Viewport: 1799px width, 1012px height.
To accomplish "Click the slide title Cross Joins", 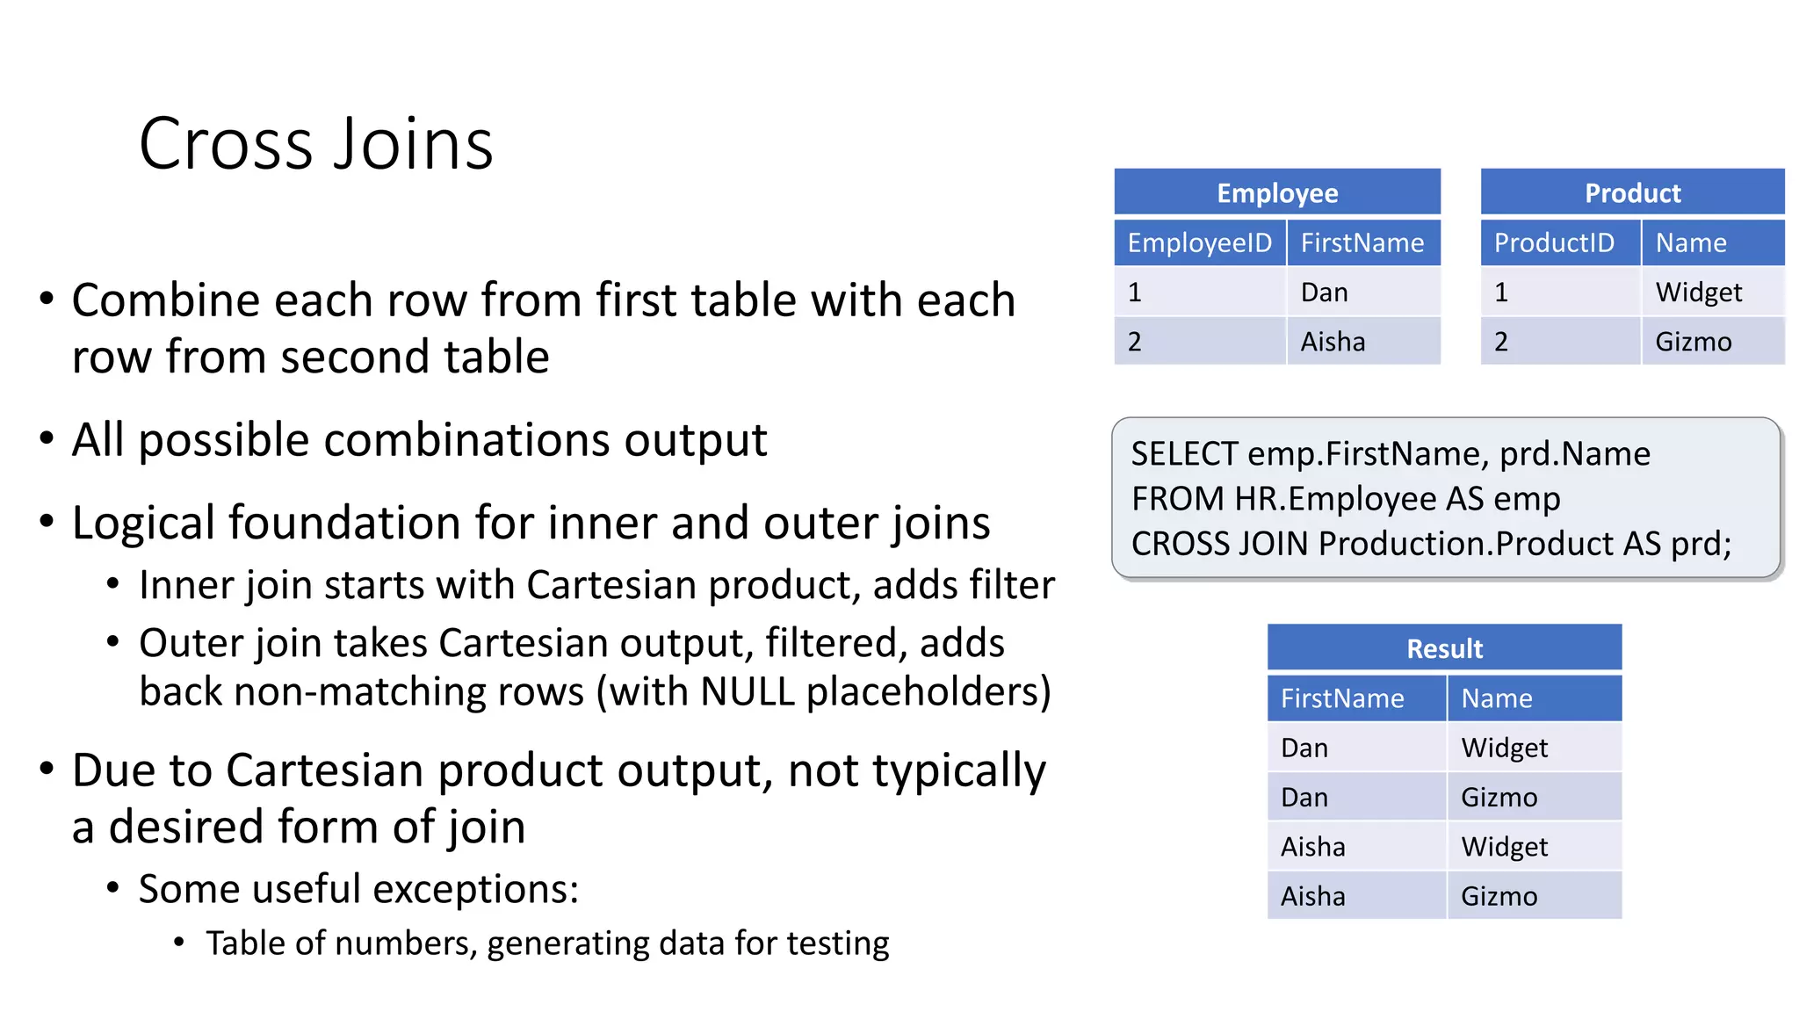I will pos(316,144).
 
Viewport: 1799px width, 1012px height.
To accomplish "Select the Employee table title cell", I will pos(1277,193).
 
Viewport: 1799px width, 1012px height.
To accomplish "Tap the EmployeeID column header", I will pos(1199,243).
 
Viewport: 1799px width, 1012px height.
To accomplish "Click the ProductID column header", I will pos(1554,243).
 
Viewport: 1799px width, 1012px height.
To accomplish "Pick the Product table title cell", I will pos(1632,193).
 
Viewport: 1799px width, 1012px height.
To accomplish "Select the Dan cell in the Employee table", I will pos(1324,293).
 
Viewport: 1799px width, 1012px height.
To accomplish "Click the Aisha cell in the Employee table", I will pos(1333,342).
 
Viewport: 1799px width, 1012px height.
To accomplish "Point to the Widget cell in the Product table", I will pos(1698,293).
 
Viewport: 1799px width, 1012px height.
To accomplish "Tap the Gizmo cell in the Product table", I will pos(1693,342).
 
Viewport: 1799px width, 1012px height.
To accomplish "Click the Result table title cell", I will pos(1444,649).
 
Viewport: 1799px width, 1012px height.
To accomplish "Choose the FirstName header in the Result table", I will pos(1342,698).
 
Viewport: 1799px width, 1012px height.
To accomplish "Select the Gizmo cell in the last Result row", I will pos(1499,896).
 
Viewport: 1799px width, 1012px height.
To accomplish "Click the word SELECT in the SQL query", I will pos(1184,454).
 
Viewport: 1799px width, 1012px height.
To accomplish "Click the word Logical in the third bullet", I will pos(144,524).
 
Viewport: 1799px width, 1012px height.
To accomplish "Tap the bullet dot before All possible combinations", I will pos(47,437).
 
